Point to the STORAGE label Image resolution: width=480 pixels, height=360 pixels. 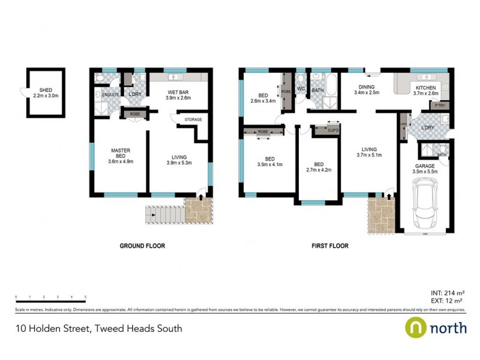point(193,119)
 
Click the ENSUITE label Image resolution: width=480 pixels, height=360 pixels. point(111,95)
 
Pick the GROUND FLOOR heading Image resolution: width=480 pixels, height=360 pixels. point(142,246)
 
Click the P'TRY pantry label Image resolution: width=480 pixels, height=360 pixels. point(439,106)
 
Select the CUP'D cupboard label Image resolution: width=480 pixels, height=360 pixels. point(334,130)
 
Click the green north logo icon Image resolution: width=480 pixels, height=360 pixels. point(416,328)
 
